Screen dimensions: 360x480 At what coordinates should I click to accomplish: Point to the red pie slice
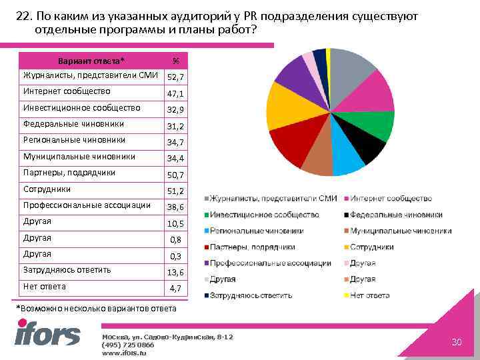click(291, 143)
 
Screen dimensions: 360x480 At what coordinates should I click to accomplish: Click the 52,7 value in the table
click(176, 78)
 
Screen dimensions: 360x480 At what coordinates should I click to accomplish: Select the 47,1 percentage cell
click(176, 95)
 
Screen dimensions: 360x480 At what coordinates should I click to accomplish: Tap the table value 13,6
click(176, 273)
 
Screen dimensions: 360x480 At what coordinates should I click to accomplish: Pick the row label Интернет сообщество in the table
click(67, 91)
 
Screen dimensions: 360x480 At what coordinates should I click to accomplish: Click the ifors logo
click(47, 333)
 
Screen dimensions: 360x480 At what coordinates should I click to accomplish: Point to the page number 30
click(457, 342)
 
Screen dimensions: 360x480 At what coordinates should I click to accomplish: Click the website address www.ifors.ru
click(124, 352)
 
